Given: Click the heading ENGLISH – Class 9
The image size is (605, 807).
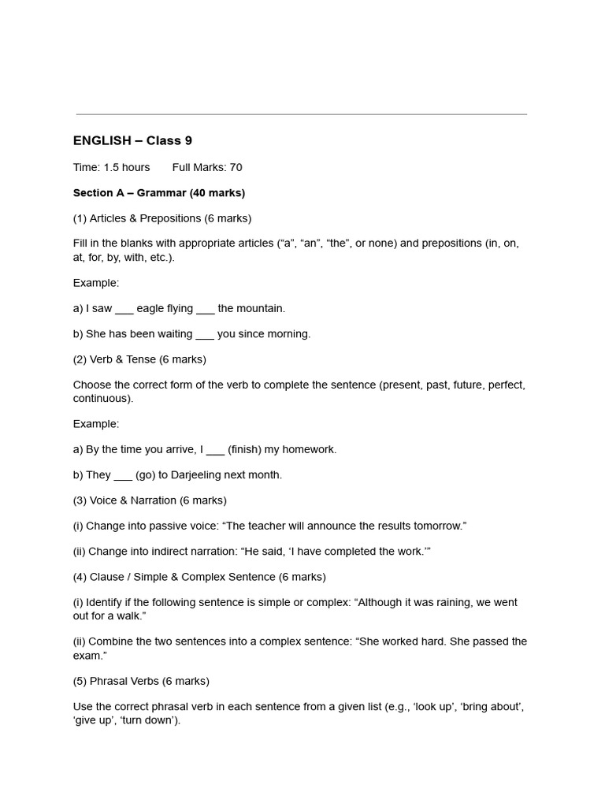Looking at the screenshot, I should pos(132,141).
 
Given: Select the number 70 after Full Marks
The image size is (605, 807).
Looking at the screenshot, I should pos(236,167).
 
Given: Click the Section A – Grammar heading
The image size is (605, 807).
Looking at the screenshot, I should pos(158,192).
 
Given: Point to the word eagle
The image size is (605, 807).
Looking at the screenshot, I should pos(150,308).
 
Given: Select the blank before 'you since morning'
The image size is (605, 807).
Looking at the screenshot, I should pos(204,334).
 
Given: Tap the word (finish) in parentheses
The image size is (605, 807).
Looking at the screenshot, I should pos(244,449).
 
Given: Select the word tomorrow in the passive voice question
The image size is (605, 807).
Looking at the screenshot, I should pos(437,526).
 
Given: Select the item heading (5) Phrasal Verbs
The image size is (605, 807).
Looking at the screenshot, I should pos(141,681).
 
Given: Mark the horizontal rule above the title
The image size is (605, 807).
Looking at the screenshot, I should pos(301,115).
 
